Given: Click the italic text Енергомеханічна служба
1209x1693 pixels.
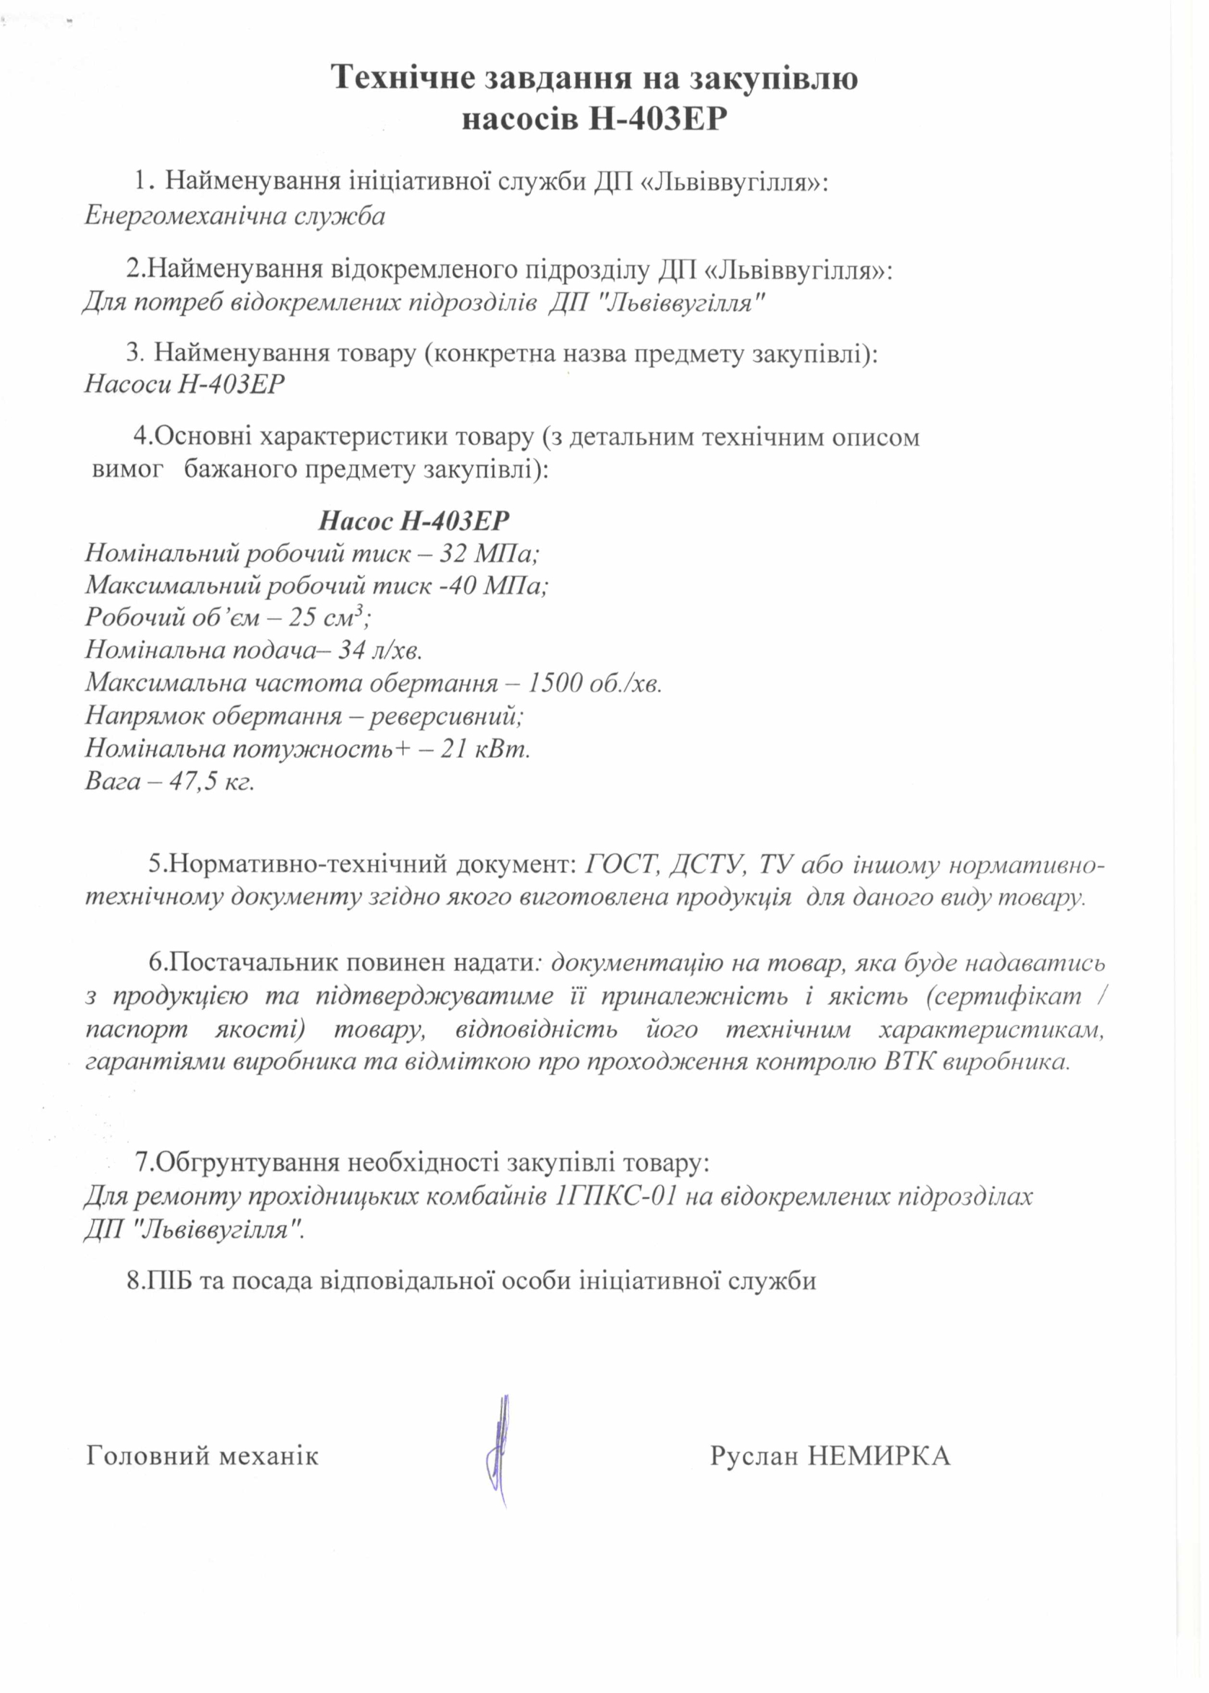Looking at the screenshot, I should [234, 216].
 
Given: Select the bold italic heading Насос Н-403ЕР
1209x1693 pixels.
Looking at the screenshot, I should [414, 520].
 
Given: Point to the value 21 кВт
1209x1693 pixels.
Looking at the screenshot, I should [485, 748].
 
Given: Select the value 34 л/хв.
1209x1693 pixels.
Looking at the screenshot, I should [380, 650].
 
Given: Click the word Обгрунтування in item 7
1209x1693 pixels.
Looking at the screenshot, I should [249, 1162].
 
